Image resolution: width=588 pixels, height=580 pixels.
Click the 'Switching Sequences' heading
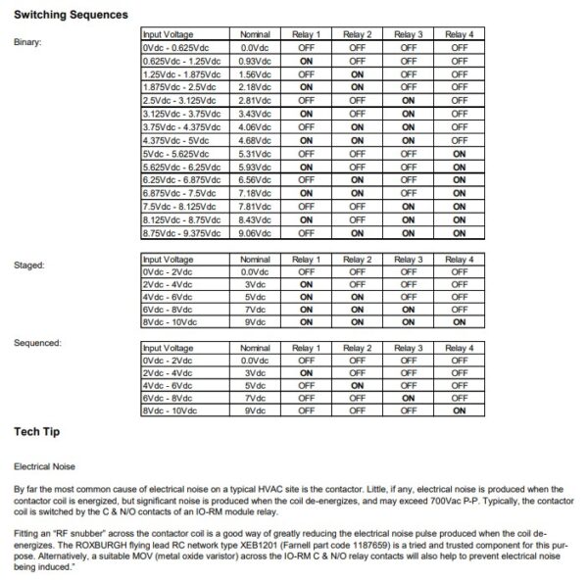pos(71,16)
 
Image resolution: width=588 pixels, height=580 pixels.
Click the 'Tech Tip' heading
pos(41,431)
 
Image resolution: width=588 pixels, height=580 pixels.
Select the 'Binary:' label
pos(28,42)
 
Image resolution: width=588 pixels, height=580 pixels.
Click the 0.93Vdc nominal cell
pos(255,61)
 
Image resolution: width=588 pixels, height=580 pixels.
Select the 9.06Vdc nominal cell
pos(255,233)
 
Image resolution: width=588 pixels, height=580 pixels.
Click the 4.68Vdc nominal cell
pos(255,140)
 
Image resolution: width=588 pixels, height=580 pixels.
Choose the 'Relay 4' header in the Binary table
pos(458,34)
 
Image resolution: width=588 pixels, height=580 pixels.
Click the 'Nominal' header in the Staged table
pos(255,259)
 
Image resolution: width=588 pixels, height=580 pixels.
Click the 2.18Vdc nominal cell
pos(255,87)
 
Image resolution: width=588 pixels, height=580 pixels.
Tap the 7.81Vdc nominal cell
pos(255,207)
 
